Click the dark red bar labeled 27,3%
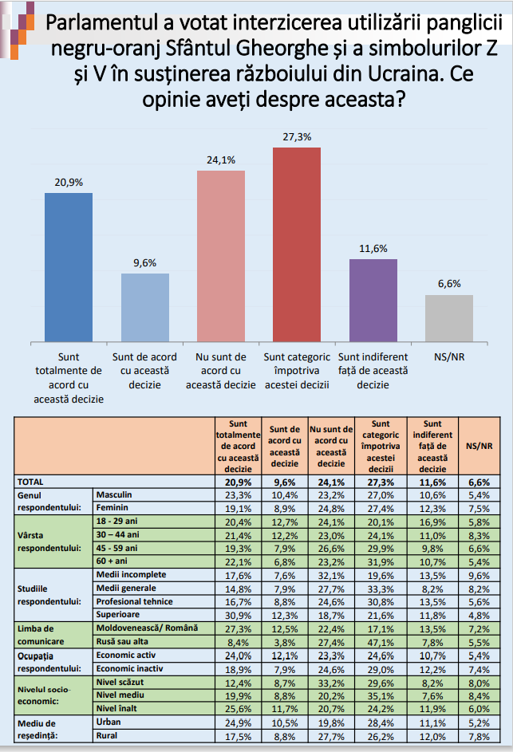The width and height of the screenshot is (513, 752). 297,245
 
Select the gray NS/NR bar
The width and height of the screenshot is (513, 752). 449,318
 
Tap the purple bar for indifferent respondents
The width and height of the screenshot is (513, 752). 373,301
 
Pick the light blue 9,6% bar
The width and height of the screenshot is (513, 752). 145,308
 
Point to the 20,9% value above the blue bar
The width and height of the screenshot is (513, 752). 69,183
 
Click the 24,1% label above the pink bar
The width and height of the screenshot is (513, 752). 221,160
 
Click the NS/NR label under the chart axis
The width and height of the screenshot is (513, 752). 449,356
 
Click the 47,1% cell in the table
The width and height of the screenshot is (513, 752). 381,643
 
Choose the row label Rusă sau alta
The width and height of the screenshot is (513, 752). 122,641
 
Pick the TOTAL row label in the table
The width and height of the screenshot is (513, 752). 30,482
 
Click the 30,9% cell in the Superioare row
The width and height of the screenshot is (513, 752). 238,616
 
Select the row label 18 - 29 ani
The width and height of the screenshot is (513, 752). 116,521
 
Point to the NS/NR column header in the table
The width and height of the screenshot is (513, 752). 479,446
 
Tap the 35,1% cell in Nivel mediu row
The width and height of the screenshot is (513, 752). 381,696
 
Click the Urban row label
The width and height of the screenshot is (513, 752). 109,722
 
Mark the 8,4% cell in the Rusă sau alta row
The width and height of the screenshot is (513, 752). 238,643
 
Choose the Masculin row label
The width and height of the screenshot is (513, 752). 114,494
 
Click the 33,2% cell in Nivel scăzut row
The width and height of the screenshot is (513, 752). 331,683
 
